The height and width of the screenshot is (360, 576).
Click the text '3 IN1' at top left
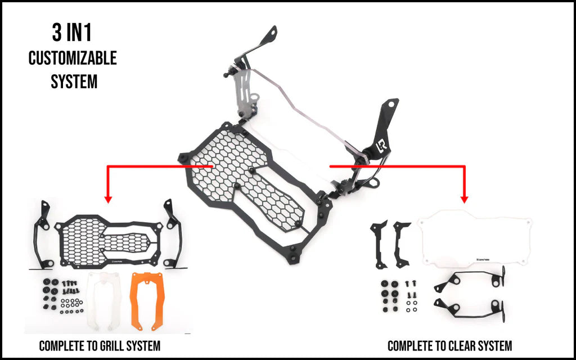71,34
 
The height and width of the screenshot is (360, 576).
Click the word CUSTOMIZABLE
73,58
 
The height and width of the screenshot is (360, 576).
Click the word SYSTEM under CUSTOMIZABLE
74,82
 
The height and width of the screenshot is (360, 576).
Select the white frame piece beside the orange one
104,300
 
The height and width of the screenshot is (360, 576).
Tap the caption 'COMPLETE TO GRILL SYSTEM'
100,345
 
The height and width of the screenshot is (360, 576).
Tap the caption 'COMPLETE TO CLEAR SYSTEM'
450,345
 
